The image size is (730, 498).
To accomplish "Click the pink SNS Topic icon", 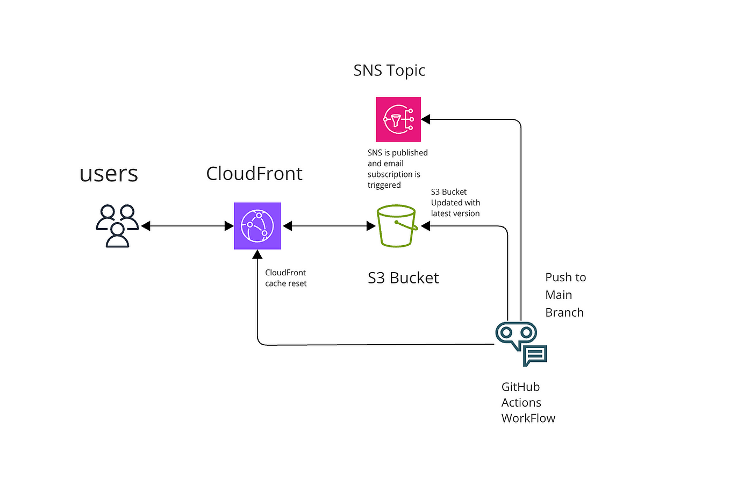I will (398, 119).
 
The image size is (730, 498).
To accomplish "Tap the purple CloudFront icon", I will (257, 226).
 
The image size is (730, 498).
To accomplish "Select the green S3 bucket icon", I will (397, 226).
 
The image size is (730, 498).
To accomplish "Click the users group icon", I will (117, 226).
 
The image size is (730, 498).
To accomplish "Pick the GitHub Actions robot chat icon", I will (520, 344).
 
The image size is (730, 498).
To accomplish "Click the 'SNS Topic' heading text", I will (389, 70).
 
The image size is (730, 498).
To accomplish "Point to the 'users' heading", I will (109, 174).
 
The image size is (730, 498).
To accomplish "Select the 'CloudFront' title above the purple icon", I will (254, 174).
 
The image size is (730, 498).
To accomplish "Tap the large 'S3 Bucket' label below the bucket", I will (403, 278).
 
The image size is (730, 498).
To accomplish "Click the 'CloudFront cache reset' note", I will (285, 278).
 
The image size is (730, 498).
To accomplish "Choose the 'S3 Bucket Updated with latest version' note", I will (455, 203).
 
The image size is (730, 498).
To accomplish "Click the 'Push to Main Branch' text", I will (565, 295).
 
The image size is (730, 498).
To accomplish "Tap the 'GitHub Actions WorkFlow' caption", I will (527, 402).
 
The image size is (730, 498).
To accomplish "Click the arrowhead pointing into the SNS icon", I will (426, 119).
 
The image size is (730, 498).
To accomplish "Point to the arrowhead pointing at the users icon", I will (146, 226).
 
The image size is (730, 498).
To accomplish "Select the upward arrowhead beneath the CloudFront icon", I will (257, 254).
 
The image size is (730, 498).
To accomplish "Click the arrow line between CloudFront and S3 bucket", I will (329, 226).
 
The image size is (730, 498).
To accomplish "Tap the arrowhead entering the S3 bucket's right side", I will (425, 226).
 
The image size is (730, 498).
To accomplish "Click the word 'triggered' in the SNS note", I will (384, 185).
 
